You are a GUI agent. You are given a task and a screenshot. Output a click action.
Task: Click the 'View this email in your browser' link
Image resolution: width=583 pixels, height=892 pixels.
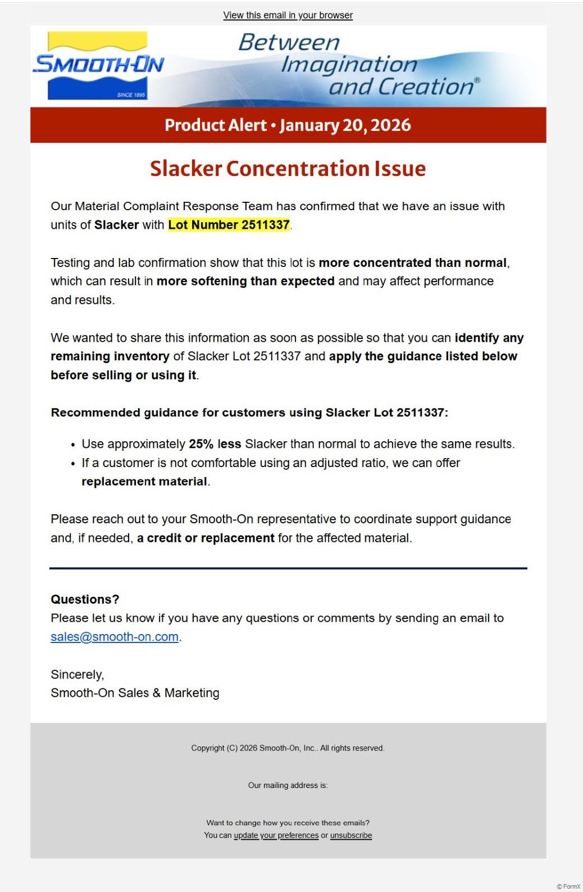click(288, 15)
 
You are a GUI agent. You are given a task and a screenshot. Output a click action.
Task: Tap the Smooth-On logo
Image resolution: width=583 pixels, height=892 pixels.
click(98, 66)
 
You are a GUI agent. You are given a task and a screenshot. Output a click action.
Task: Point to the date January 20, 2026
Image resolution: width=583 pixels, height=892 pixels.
click(345, 125)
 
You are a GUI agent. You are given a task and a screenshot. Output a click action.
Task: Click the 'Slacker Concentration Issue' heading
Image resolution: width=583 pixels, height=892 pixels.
click(288, 169)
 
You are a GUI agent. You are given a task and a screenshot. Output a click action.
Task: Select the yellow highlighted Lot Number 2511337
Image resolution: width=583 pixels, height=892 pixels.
click(229, 225)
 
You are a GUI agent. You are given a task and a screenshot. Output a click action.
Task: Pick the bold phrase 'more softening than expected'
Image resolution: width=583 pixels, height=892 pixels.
click(245, 281)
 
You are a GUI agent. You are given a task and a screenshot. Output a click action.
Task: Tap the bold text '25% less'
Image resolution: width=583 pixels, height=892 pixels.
click(215, 444)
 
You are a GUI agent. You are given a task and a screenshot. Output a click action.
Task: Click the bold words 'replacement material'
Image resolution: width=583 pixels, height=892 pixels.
click(144, 482)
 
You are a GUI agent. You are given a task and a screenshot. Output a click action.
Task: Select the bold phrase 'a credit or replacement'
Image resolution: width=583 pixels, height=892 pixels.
click(206, 538)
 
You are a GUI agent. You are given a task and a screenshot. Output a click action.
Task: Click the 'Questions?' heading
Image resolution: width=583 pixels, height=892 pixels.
click(85, 599)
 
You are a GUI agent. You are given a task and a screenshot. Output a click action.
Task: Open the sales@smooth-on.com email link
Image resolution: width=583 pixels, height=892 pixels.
click(115, 637)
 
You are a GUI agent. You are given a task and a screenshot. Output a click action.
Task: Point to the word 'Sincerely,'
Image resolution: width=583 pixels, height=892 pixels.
click(78, 674)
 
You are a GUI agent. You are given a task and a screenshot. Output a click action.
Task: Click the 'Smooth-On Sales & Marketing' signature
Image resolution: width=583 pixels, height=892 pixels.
click(135, 693)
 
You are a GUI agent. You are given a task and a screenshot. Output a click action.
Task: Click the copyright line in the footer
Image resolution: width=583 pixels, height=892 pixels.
click(288, 748)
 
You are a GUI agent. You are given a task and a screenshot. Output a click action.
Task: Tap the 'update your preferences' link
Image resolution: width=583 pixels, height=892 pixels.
click(276, 835)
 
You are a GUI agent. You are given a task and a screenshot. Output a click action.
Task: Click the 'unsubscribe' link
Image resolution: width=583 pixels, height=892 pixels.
click(351, 835)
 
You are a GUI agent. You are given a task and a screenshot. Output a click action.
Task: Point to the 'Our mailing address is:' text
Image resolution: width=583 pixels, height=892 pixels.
click(288, 785)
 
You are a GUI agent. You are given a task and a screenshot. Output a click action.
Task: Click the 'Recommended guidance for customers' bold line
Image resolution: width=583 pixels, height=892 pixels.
click(249, 413)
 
